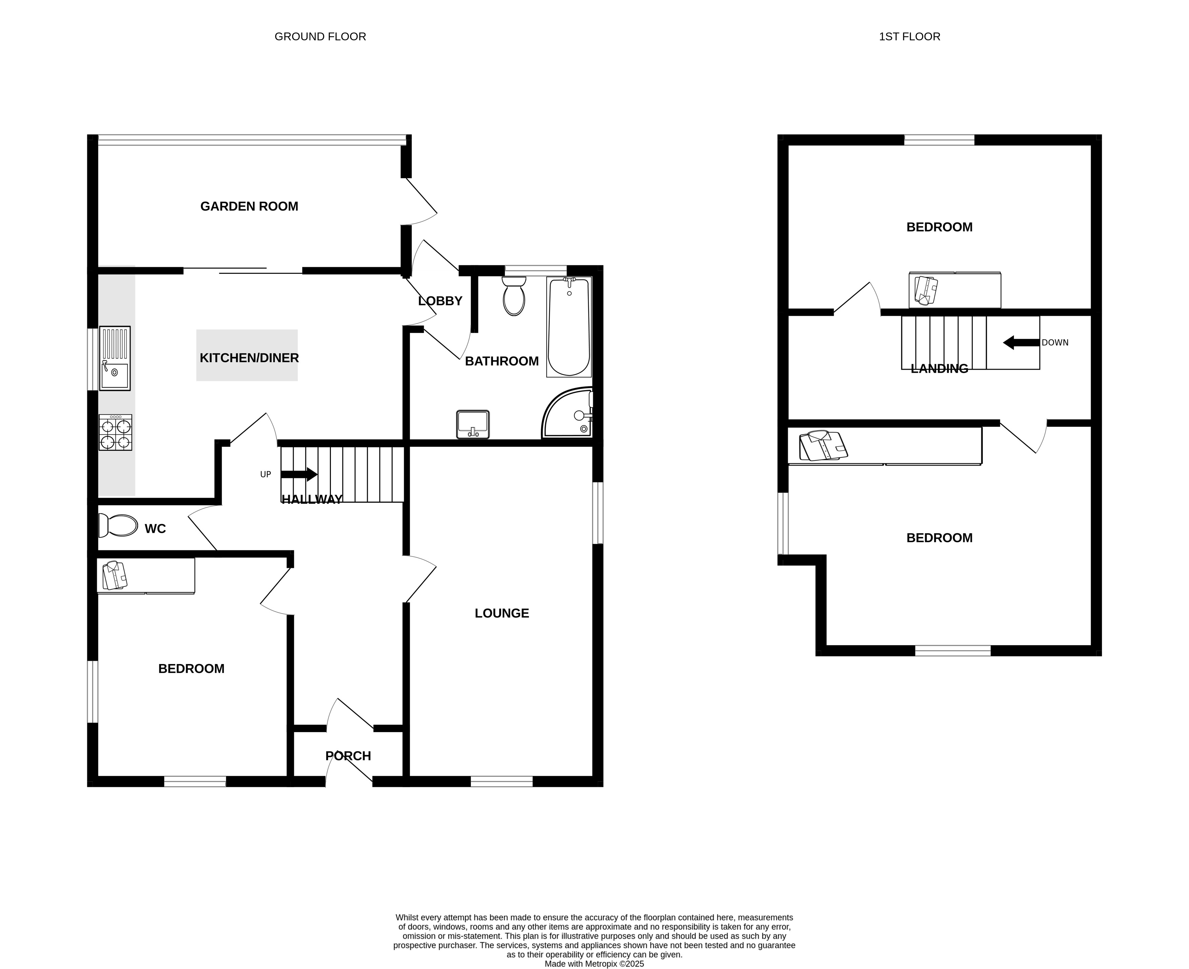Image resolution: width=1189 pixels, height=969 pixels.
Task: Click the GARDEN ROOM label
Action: click(249, 207)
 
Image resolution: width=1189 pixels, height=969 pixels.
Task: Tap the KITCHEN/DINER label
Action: click(249, 358)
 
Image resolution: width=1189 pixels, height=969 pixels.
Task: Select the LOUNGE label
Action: click(501, 614)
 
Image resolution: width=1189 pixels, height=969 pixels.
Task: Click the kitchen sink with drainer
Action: click(115, 358)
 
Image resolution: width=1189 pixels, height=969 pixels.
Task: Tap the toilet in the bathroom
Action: click(514, 296)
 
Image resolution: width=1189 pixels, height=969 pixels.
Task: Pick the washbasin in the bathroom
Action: click(473, 424)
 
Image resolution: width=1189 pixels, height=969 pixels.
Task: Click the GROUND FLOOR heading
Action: click(320, 37)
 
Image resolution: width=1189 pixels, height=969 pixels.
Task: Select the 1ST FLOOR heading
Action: click(909, 37)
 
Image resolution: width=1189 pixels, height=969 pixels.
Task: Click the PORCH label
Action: click(348, 756)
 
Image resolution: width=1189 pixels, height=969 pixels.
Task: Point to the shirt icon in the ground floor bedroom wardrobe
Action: click(115, 576)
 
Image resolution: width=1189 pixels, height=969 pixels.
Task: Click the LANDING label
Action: click(939, 369)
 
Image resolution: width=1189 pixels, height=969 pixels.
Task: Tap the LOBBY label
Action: click(440, 301)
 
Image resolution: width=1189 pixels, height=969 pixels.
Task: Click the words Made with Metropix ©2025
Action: click(594, 964)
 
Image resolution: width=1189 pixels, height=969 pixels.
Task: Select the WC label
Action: click(155, 529)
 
